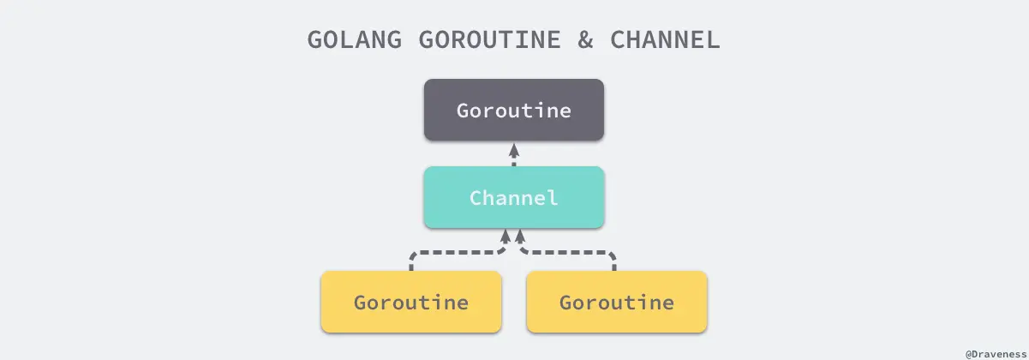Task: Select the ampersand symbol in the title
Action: tap(586, 40)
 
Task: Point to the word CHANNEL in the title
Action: tap(664, 40)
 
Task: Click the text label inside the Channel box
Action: tap(514, 199)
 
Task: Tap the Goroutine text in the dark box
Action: tap(514, 111)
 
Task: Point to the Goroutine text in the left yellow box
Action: tap(411, 303)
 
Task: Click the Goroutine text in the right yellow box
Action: tap(617, 303)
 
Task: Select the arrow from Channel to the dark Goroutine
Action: tap(514, 156)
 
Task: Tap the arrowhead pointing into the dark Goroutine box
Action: tap(514, 147)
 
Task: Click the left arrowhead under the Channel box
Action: tap(507, 234)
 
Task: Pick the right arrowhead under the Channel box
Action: tap(520, 234)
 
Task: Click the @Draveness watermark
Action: tap(996, 353)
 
